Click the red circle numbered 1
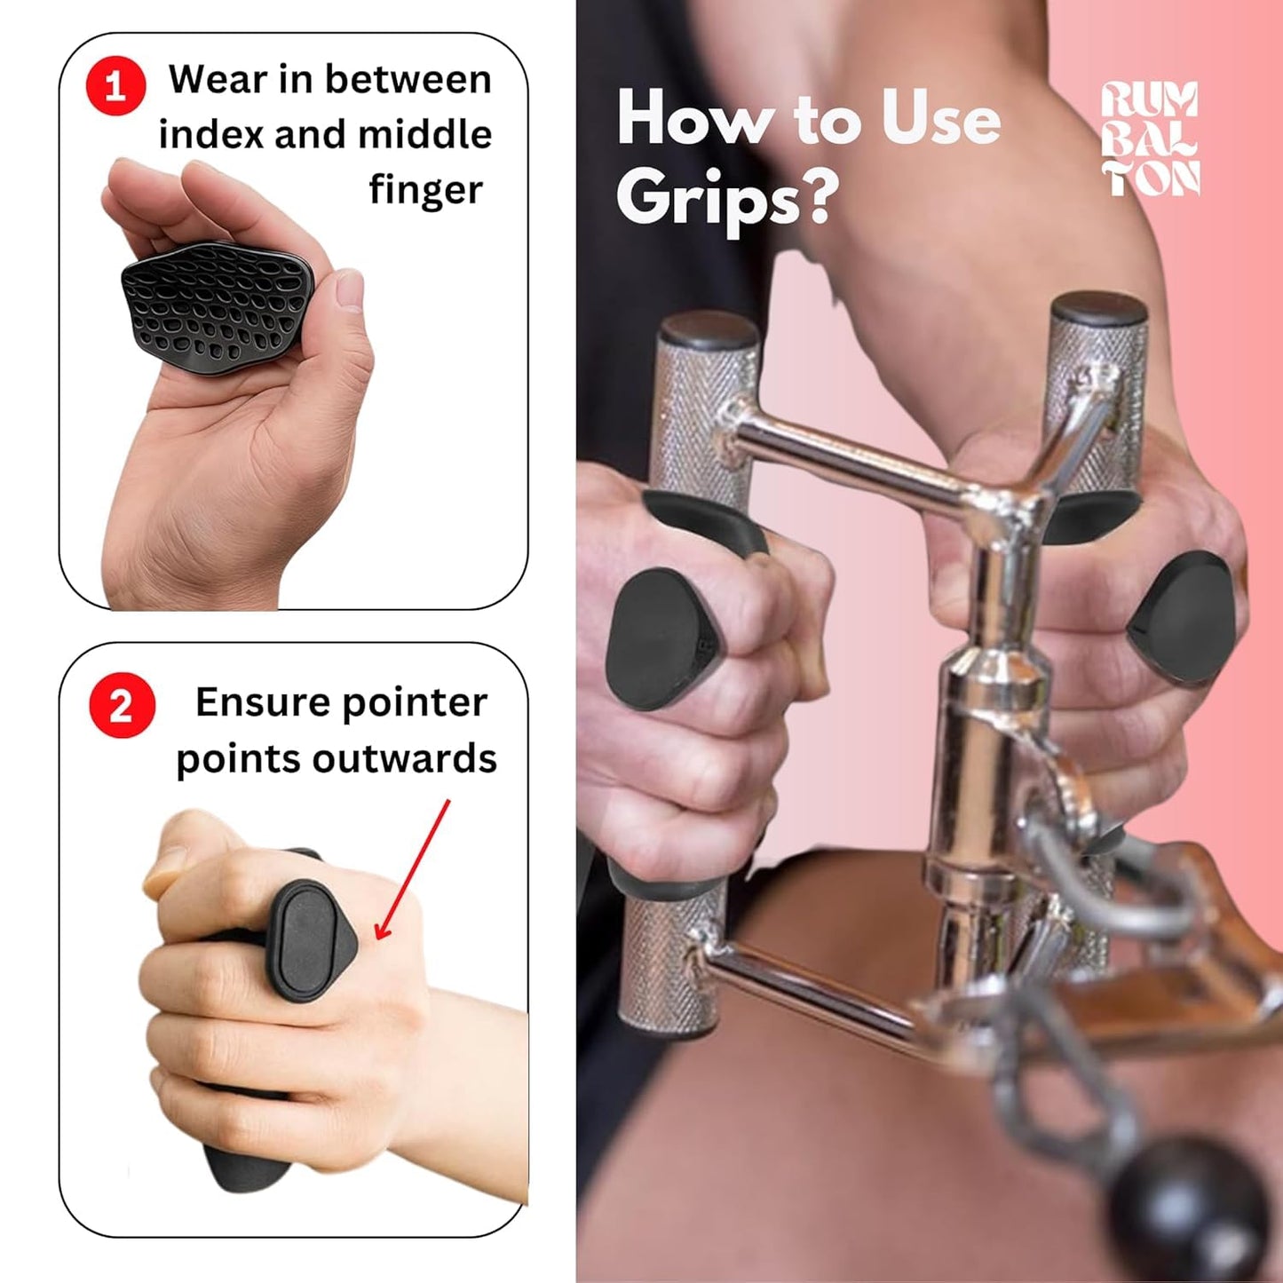click(115, 85)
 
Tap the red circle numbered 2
click(122, 706)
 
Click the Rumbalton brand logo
click(1150, 139)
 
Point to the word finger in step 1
click(425, 191)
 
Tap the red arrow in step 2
click(412, 870)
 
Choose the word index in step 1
click(210, 135)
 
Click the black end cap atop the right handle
click(1098, 310)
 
